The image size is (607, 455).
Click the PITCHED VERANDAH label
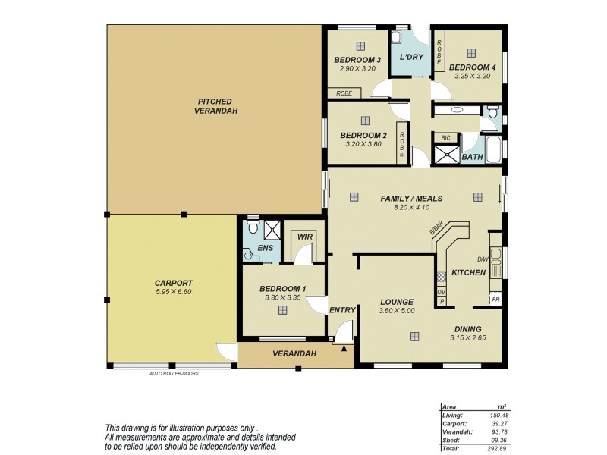(x=215, y=106)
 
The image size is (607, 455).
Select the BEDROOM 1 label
(x=282, y=289)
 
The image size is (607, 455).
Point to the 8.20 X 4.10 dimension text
(x=411, y=207)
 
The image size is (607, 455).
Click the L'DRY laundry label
(x=410, y=58)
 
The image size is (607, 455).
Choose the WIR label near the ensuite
(x=306, y=237)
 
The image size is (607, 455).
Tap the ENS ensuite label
(x=265, y=248)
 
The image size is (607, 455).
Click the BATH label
(x=472, y=157)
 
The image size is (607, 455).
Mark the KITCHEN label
(x=468, y=272)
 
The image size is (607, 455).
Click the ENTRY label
(x=343, y=310)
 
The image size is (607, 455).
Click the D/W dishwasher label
(x=483, y=259)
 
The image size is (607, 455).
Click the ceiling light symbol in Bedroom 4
(x=471, y=52)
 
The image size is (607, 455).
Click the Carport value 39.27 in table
(x=498, y=423)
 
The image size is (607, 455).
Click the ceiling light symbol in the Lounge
(x=415, y=337)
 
